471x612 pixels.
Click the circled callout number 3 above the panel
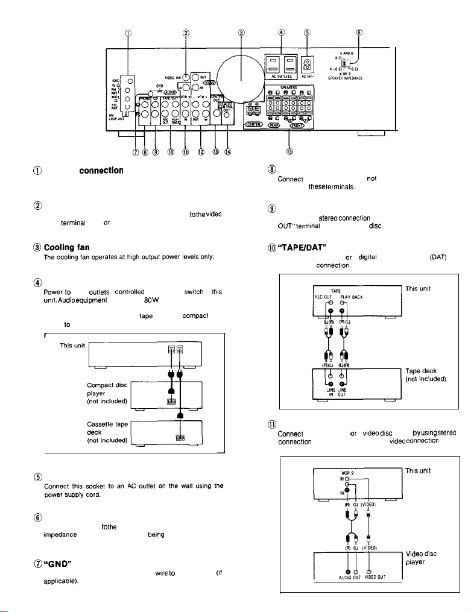pos(241,33)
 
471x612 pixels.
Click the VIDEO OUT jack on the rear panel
pos(187,77)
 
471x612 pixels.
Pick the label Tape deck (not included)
pos(424,358)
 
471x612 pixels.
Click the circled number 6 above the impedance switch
pos(359,33)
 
